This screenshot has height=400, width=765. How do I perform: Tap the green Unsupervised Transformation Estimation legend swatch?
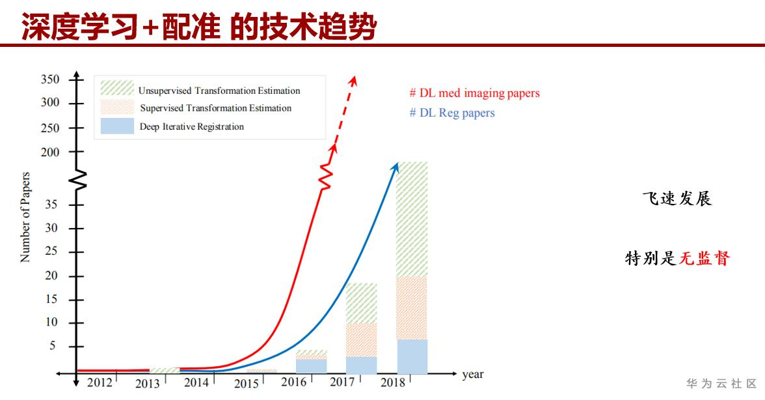tap(117, 88)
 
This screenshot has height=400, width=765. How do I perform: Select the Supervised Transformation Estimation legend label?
tap(215, 108)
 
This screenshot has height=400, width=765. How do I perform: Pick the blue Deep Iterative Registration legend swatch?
tap(117, 126)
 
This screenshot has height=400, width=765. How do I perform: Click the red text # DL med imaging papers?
tap(474, 93)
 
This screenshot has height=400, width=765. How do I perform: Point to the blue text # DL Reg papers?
tap(452, 113)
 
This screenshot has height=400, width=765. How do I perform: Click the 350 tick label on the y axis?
tap(50, 79)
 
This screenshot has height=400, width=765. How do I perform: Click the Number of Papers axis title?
tap(26, 217)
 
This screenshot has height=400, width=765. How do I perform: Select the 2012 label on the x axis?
tap(100, 382)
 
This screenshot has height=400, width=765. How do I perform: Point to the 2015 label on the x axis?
tap(247, 384)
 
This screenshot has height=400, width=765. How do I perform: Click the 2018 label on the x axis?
tap(392, 382)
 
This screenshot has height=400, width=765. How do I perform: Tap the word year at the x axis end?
tap(473, 375)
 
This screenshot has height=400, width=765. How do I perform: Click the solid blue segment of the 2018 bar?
tap(412, 356)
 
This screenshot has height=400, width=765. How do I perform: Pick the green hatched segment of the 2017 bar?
tap(361, 303)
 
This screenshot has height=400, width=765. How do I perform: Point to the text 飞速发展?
tap(677, 199)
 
